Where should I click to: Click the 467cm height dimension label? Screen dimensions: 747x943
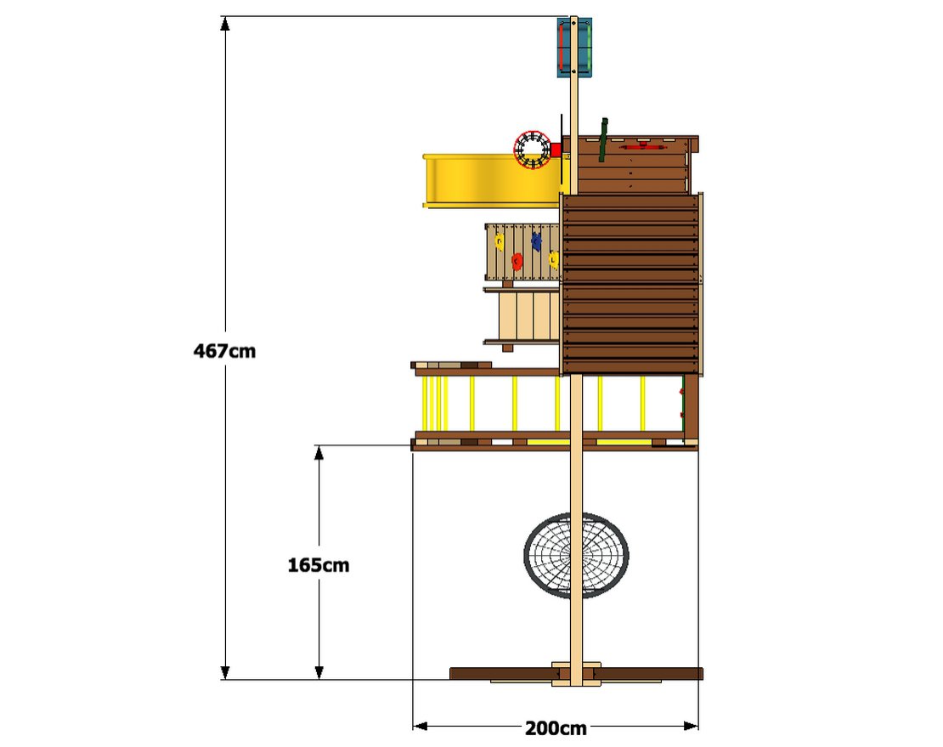coord(224,350)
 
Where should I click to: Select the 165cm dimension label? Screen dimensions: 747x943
coord(319,564)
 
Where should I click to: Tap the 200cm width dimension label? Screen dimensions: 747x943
coord(556,727)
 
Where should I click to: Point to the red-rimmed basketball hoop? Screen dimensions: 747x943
coord(533,150)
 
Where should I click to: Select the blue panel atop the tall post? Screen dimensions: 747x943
coord(574,48)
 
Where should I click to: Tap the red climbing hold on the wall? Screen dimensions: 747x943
coord(517,261)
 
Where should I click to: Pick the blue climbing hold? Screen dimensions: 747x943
coord(537,242)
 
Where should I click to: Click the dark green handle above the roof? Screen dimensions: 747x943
coord(603,139)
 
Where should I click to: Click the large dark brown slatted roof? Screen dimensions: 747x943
coord(631,285)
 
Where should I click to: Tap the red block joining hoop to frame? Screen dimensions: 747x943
coord(556,150)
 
